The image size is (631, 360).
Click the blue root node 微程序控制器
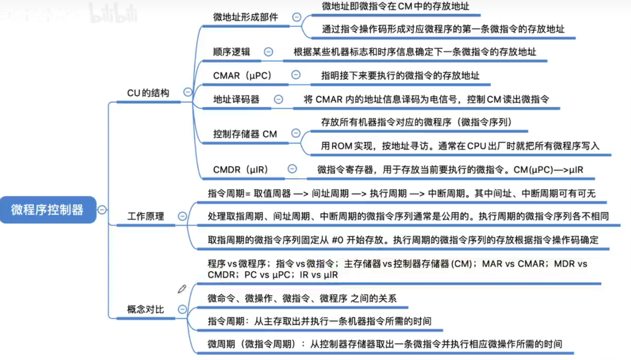48,210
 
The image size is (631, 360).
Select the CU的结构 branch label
148,93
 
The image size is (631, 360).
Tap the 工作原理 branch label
146,216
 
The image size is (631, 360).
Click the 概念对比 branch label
146,310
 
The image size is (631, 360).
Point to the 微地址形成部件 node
246,17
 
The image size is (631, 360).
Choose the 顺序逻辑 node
232,52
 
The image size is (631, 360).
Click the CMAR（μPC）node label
243,75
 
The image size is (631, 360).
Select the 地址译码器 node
236,100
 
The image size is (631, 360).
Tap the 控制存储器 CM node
245,134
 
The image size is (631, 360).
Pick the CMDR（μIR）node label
241,170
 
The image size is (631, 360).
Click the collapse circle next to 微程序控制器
102,210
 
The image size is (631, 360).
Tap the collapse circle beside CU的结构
187,92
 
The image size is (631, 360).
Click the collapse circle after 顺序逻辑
269,52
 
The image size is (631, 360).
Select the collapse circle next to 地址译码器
278,100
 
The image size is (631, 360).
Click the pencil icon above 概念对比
182,289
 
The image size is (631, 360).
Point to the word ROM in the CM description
342,146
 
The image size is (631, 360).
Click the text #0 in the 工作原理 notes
338,240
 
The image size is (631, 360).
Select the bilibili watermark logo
113,13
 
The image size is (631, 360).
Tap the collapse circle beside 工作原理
182,216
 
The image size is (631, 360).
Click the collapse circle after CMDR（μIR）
292,169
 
